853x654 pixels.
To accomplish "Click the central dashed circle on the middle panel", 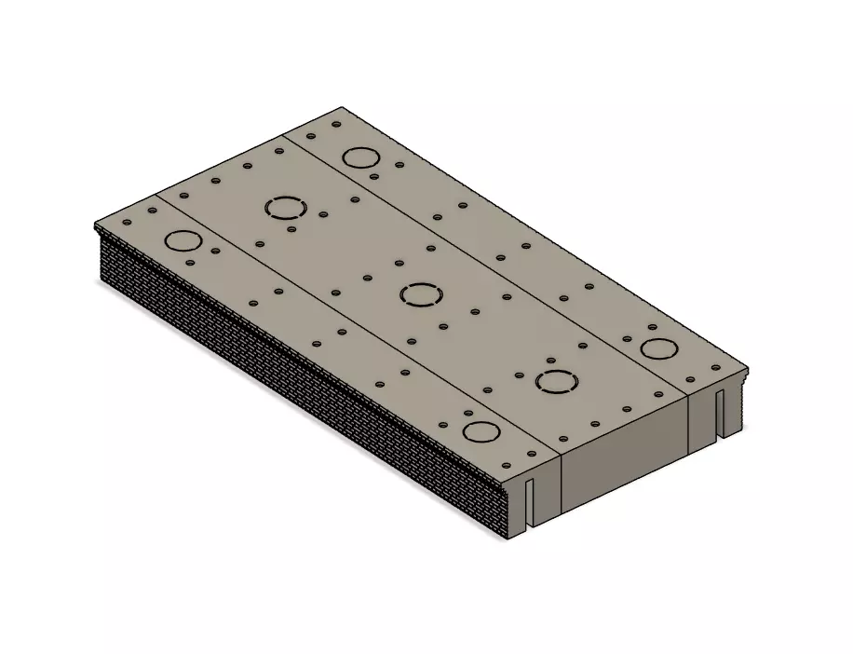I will [x=421, y=295].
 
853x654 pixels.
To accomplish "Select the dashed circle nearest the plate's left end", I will [x=286, y=209].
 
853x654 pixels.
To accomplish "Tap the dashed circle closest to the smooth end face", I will [x=556, y=382].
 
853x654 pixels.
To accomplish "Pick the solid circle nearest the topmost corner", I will [x=359, y=157].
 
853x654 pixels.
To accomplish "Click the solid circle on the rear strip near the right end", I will [x=659, y=349].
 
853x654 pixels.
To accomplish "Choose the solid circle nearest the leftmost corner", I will [x=183, y=240].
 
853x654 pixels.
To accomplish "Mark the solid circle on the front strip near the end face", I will [x=481, y=431].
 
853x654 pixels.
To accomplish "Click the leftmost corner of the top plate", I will [x=96, y=225].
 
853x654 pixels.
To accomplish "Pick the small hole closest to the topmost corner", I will [x=336, y=123].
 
